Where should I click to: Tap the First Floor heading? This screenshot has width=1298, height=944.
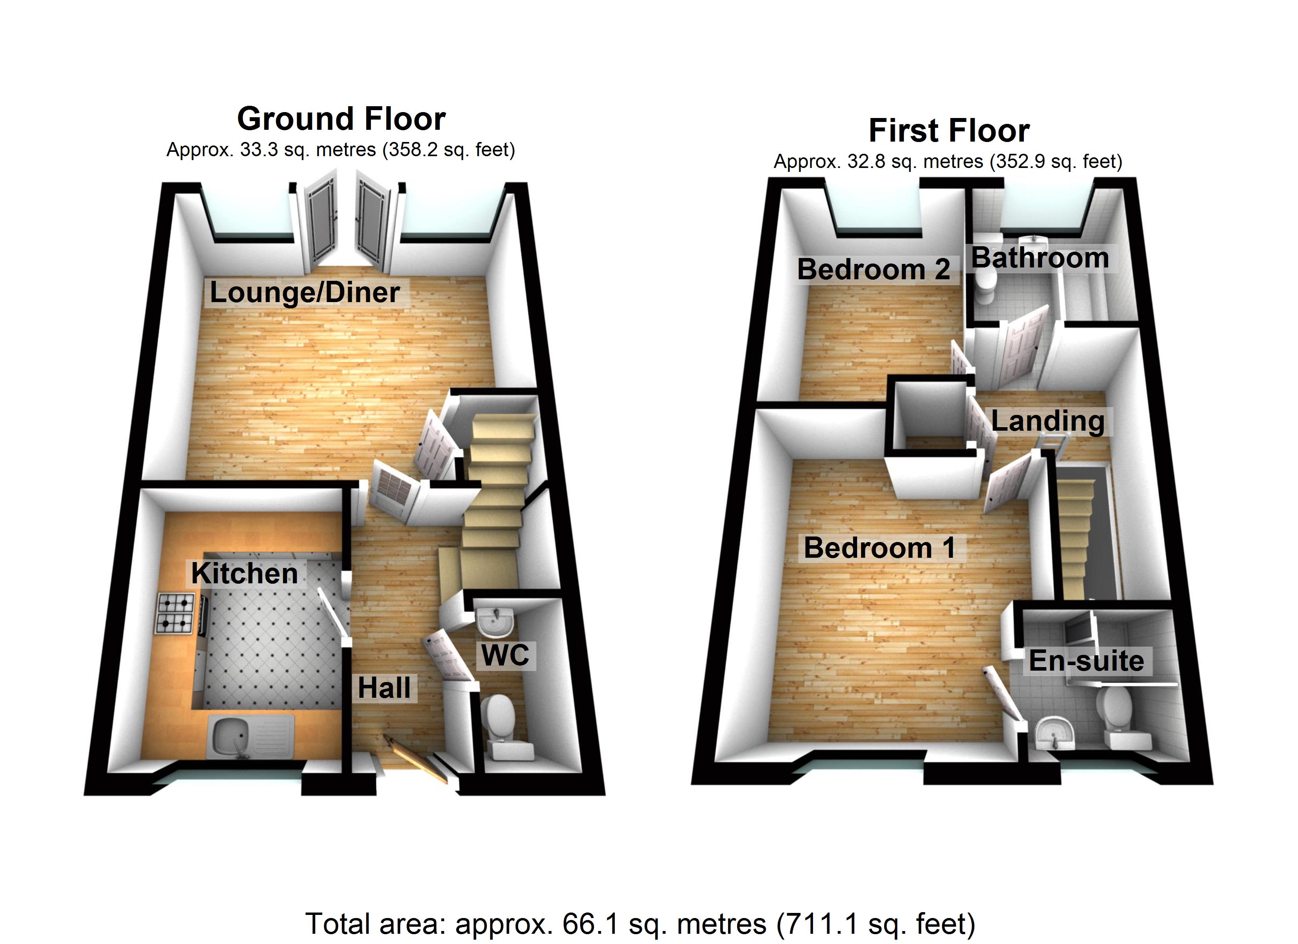coord(949,131)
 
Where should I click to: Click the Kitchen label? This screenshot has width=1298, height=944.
coord(244,573)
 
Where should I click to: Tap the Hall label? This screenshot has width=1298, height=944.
coord(384,688)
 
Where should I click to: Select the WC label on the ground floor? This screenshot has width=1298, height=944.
coord(505,655)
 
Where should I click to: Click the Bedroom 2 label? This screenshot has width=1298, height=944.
coord(873,270)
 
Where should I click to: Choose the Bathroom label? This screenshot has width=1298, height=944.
coord(1040,258)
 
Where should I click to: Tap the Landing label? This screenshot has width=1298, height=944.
coord(1047,421)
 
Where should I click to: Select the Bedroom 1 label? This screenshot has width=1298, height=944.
coord(879,548)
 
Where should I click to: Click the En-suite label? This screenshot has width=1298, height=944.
coord(1086,661)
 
